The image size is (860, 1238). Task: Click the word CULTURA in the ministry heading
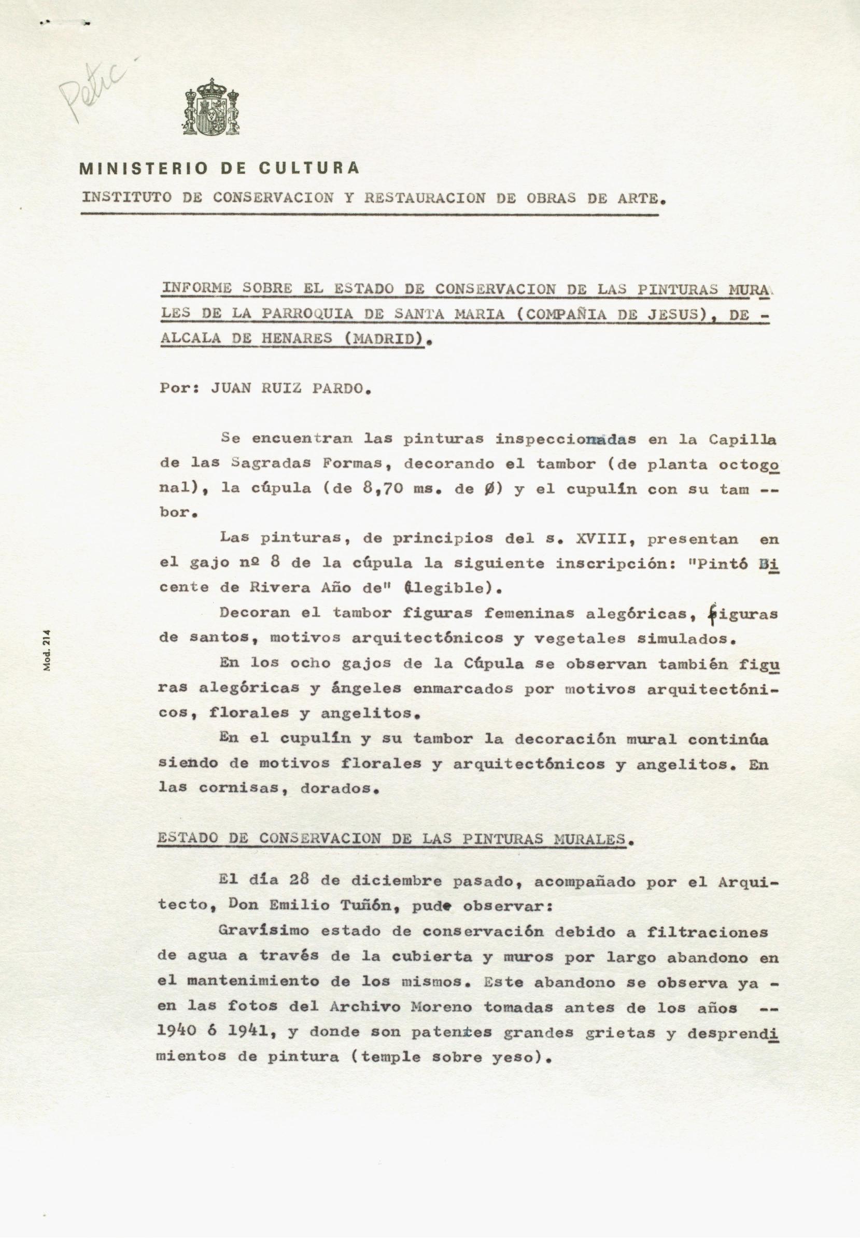pyautogui.click(x=309, y=168)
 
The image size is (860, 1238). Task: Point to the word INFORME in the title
pyautogui.click(x=196, y=288)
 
